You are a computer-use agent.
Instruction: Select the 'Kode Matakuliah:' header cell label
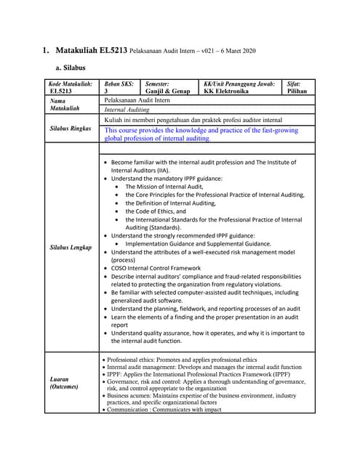(70, 84)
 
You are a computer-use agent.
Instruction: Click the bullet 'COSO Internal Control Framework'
(164, 267)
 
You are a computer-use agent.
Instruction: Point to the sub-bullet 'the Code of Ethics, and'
(156, 211)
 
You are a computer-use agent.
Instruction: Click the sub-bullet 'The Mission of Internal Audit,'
(164, 186)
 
